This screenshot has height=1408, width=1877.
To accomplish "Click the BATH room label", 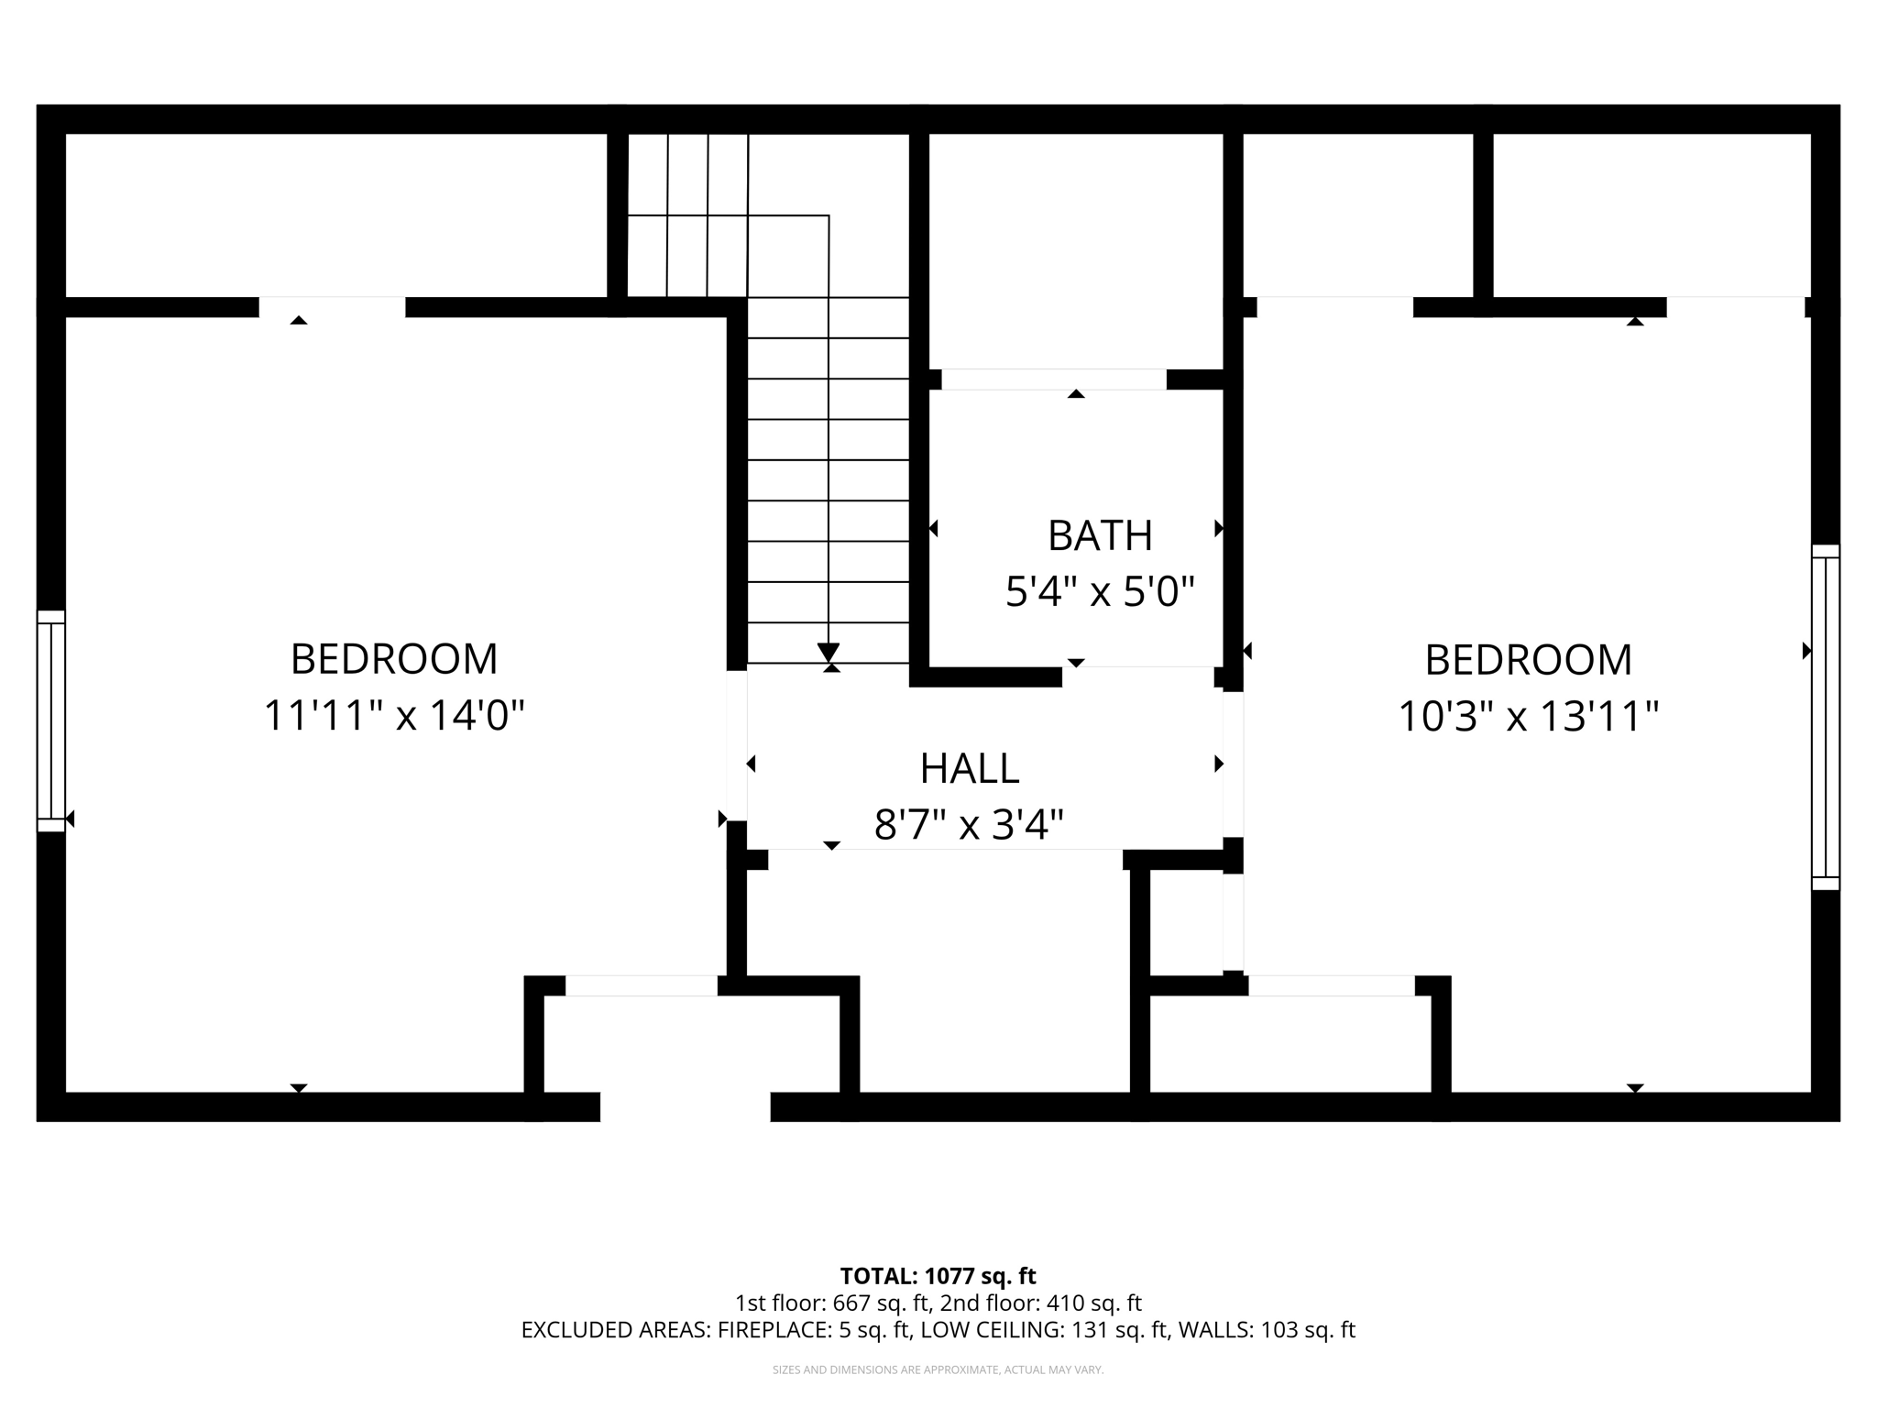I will click(1099, 535).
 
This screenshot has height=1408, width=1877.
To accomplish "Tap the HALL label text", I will click(969, 768).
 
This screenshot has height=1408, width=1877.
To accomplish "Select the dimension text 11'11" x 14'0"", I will click(394, 715).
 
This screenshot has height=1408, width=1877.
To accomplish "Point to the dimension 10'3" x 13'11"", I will click(1528, 716).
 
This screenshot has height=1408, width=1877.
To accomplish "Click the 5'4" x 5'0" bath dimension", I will click(1100, 591).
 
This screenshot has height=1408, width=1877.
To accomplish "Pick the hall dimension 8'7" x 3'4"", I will click(969, 824).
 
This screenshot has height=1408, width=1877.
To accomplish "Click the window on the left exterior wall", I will click(51, 720).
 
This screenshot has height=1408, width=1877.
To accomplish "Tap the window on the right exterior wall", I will click(1825, 717).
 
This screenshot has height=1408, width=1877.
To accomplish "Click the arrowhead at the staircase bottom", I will click(829, 653).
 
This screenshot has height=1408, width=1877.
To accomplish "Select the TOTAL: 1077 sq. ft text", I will click(938, 1276).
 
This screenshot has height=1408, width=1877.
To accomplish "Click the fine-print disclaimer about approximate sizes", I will click(938, 1369).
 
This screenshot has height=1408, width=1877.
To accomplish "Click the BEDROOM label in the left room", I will click(394, 658).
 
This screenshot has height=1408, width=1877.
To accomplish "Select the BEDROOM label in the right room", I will click(1528, 659).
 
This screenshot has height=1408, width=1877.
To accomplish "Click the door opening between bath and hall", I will click(1137, 676).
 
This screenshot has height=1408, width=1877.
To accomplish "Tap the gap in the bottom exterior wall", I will click(685, 1106).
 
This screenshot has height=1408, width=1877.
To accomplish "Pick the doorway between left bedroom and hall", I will click(737, 745).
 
